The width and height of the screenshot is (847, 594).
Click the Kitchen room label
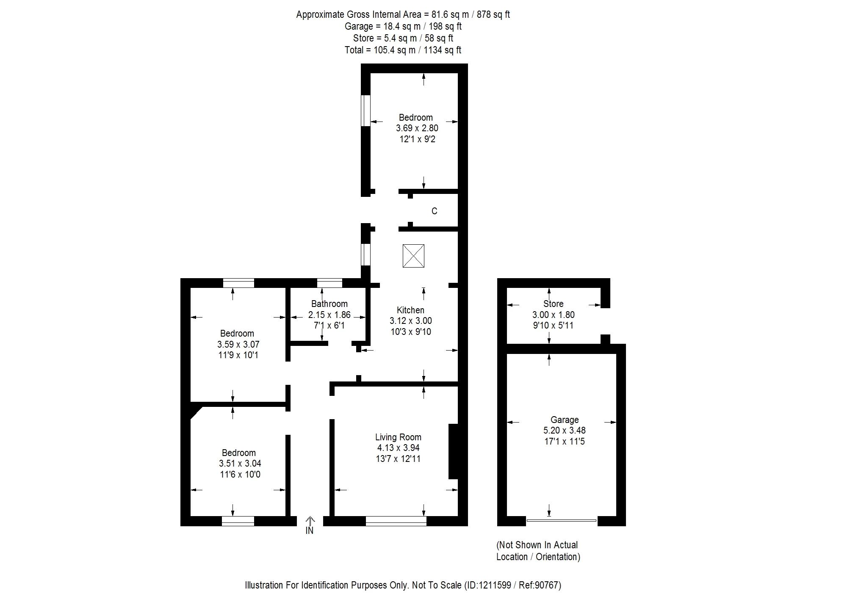click(x=410, y=310)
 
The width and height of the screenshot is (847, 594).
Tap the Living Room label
click(x=398, y=437)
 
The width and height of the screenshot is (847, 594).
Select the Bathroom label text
click(x=329, y=304)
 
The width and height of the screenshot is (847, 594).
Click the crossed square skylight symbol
click(x=413, y=256)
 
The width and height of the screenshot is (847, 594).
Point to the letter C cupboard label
click(x=434, y=211)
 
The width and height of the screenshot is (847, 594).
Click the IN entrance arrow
click(x=310, y=525)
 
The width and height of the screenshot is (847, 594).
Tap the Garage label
click(x=564, y=420)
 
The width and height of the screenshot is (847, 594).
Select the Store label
click(x=553, y=304)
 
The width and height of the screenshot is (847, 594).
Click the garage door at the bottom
click(x=562, y=520)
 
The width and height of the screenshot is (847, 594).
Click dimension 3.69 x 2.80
click(x=417, y=128)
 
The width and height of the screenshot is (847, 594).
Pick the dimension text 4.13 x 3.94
click(x=398, y=448)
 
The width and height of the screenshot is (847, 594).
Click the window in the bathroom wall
click(x=329, y=283)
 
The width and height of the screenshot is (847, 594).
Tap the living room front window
click(x=396, y=521)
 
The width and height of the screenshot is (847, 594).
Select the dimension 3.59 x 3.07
click(x=238, y=344)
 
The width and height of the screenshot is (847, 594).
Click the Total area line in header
click(x=403, y=50)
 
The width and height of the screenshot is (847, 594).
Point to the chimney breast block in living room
click(x=454, y=451)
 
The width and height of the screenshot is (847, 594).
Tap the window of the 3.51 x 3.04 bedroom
click(x=238, y=521)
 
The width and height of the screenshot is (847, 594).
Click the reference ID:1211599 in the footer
click(x=488, y=585)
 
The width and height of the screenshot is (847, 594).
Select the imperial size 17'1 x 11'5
click(x=564, y=441)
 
